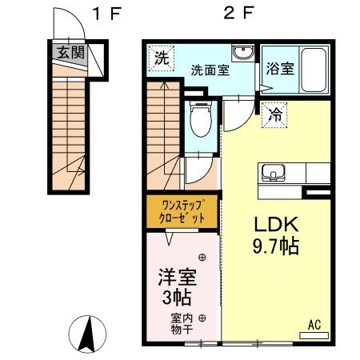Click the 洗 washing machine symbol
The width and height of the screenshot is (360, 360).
click(161, 58)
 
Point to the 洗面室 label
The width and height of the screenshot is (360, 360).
click(210, 69)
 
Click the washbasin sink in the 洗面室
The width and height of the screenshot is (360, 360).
click(242, 54)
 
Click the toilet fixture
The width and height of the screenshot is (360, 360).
click(201, 123)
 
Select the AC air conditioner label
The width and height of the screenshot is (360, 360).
click(314, 325)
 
